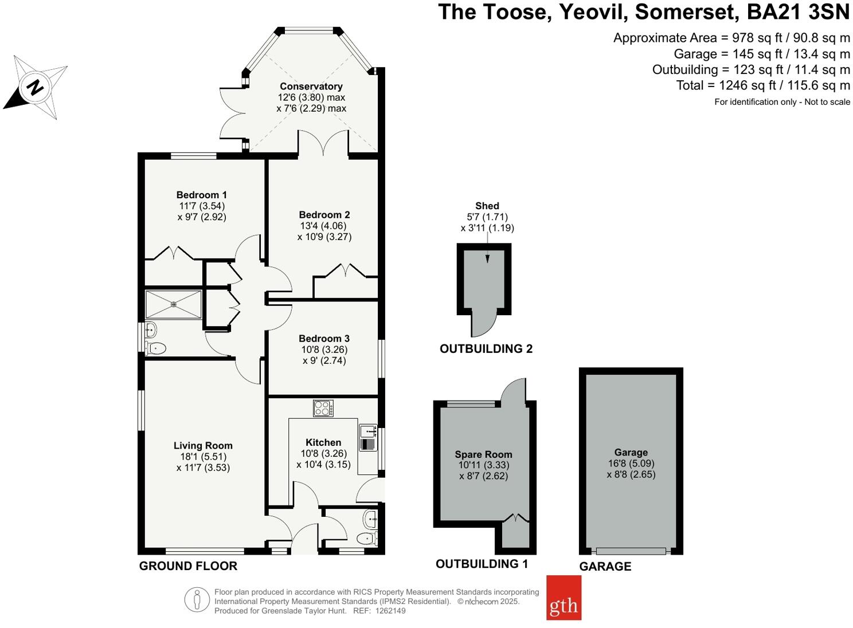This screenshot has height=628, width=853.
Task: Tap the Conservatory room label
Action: click(311, 87)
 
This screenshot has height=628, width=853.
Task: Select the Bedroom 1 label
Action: click(201, 195)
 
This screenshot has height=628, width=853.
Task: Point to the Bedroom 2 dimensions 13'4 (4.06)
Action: click(323, 226)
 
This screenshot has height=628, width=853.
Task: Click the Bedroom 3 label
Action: click(324, 339)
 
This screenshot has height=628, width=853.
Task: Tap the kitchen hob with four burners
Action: click(323, 409)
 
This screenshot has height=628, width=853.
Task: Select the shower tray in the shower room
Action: click(174, 304)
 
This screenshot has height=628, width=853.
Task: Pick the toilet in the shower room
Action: click(156, 348)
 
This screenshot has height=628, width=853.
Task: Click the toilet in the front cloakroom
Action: click(367, 539)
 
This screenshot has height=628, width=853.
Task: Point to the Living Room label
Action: click(203, 445)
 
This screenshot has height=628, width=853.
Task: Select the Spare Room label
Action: click(483, 454)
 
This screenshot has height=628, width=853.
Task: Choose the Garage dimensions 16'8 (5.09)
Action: click(631, 463)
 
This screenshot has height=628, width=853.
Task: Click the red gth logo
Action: click(564, 598)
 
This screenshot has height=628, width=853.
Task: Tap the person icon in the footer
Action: click(197, 600)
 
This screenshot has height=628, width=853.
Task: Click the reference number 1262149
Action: click(390, 611)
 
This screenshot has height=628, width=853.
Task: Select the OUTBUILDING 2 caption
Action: click(486, 348)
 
